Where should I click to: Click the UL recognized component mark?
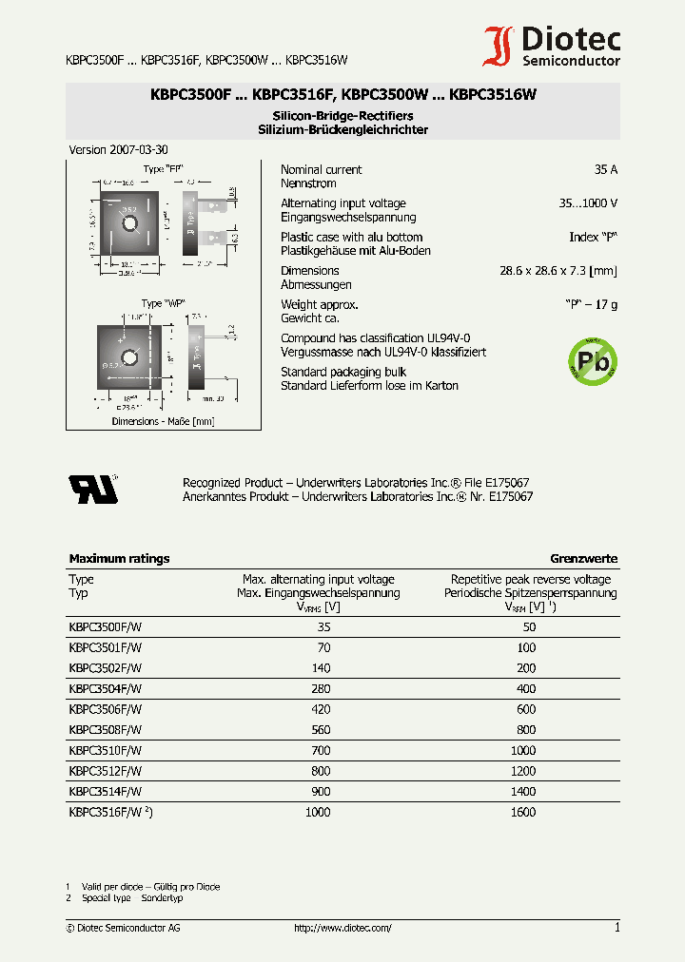(x=93, y=488)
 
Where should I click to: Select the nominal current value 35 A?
(x=605, y=170)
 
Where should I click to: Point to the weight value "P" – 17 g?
(x=589, y=305)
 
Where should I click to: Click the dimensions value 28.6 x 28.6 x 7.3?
(x=558, y=271)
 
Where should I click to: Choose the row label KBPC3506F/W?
(x=105, y=709)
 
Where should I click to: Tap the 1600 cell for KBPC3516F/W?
(x=523, y=812)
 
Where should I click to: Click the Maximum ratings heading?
(x=119, y=559)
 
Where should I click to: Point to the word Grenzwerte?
(x=583, y=559)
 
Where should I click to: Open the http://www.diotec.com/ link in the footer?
(x=342, y=928)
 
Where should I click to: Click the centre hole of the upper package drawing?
(x=130, y=224)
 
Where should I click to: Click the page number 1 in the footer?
(x=616, y=928)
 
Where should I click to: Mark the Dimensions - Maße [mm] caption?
(x=163, y=421)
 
